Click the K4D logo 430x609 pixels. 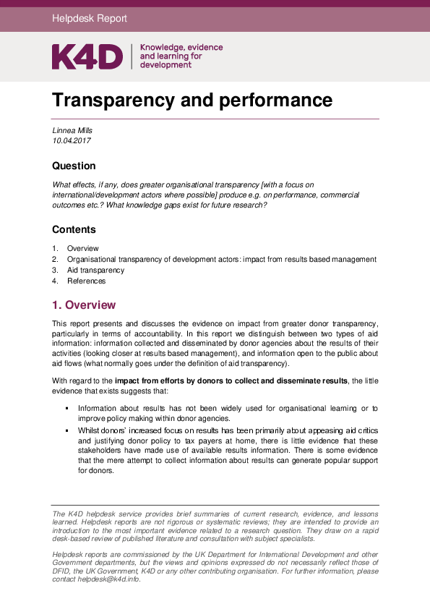(x=87, y=56)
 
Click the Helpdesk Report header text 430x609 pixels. (x=90, y=19)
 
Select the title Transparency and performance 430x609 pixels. (x=192, y=100)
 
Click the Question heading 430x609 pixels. (x=74, y=166)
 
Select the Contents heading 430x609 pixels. (x=74, y=229)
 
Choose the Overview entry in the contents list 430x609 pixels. (x=83, y=248)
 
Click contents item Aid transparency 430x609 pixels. (x=95, y=270)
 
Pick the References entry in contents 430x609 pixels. (x=86, y=281)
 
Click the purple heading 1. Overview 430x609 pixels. (x=83, y=305)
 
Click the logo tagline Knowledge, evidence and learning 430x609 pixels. (x=181, y=56)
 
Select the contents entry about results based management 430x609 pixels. (x=221, y=259)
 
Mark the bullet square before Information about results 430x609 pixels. (x=66, y=409)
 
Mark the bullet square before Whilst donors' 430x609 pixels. (x=66, y=430)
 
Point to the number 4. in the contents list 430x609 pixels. (x=55, y=281)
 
